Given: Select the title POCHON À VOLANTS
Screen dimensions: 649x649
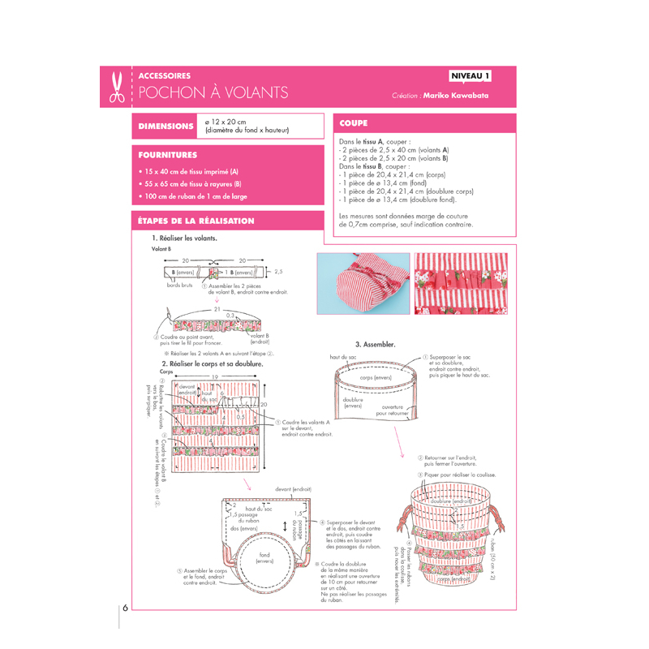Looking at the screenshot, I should (213, 92).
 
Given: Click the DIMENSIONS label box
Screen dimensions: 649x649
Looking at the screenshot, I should (166, 127).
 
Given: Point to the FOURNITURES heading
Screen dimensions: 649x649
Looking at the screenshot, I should (168, 153).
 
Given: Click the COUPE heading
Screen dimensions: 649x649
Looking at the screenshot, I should (355, 123).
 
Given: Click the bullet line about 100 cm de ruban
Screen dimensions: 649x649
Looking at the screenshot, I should (195, 196).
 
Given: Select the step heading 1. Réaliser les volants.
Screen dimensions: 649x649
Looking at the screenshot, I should (184, 239).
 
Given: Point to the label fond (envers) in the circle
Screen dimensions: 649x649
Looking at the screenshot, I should (264, 557).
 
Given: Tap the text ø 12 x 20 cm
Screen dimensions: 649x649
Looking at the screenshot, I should (228, 121).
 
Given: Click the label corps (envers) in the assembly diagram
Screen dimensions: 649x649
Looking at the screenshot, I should (376, 377).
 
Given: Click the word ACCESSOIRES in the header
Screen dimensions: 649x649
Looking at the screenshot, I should (165, 75).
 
